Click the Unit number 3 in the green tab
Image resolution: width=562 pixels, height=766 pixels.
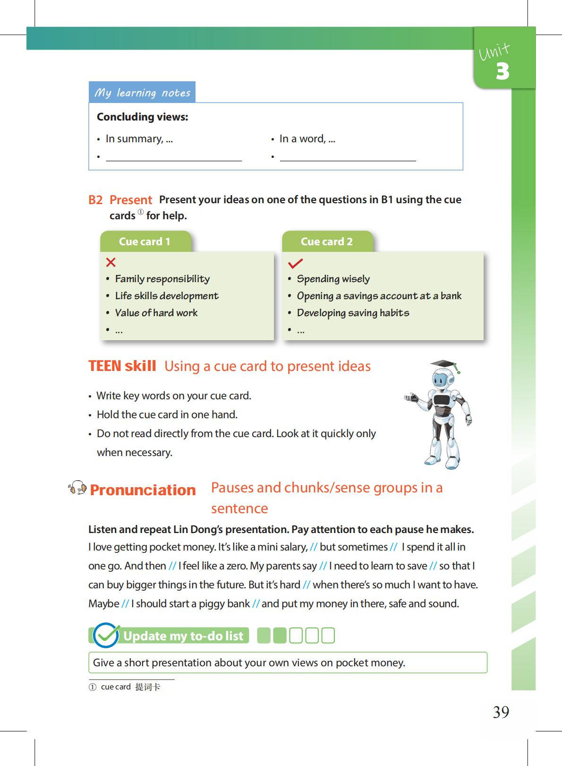tap(502, 71)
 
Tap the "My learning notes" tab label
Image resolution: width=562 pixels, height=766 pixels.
tap(142, 93)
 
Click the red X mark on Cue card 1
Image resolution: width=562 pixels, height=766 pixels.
tap(111, 262)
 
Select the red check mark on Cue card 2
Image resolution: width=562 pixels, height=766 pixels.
tap(295, 263)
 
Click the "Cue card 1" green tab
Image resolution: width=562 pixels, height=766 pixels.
tap(145, 241)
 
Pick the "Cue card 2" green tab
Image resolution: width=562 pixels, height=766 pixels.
tap(326, 241)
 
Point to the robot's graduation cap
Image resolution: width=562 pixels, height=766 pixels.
tap(444, 364)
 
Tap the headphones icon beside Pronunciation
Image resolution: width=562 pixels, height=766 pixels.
tap(77, 488)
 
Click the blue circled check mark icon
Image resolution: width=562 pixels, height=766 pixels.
tap(106, 636)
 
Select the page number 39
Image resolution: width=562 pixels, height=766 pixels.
tap(501, 712)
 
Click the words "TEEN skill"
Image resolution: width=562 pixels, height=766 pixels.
tap(122, 366)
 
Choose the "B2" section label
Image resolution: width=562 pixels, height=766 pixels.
tap(95, 200)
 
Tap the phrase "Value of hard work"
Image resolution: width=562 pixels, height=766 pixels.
tap(156, 313)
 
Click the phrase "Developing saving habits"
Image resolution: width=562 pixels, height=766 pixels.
tap(353, 313)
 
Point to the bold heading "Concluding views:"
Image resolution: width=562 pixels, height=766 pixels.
tap(142, 117)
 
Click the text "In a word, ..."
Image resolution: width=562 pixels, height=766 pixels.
tap(307, 139)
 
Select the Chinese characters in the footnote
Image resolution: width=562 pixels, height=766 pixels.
tap(147, 687)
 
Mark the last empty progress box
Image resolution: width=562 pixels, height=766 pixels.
tap(328, 636)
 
